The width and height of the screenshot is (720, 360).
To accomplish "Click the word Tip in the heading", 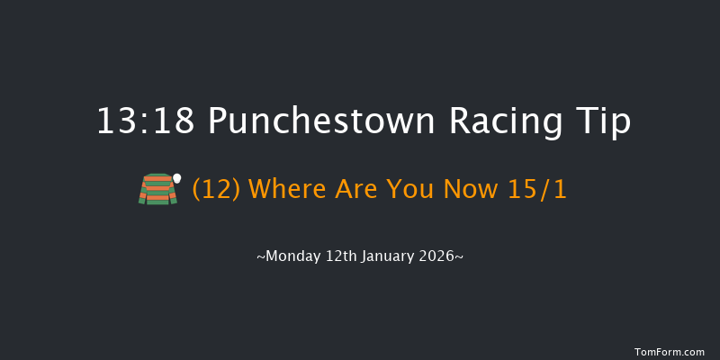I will [604, 121].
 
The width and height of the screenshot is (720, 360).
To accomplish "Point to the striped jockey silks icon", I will [157, 189].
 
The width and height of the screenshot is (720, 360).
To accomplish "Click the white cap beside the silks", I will [177, 177].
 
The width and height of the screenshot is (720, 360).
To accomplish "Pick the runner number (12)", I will [216, 190].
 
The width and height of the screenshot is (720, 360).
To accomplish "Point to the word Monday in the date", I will [290, 256].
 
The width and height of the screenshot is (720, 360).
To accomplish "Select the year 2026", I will [436, 256].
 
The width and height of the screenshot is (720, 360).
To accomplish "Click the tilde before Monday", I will [260, 256].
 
